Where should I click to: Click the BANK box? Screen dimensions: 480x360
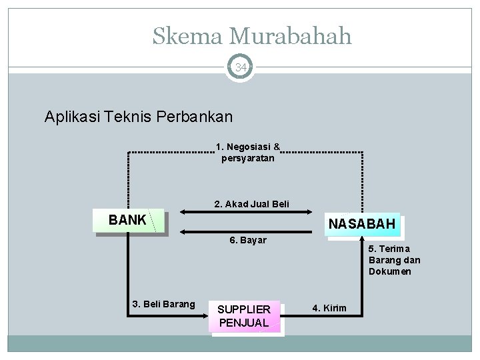(129, 220)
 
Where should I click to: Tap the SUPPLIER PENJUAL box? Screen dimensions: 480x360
(245, 316)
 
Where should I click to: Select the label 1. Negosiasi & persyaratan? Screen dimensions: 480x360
(248, 153)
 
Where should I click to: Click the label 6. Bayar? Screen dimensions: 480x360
(248, 239)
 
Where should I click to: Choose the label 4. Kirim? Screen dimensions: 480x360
(329, 307)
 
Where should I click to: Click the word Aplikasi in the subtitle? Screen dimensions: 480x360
(69, 117)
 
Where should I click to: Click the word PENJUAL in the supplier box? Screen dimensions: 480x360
(244, 323)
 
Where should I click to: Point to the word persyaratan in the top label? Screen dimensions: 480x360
(248, 159)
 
